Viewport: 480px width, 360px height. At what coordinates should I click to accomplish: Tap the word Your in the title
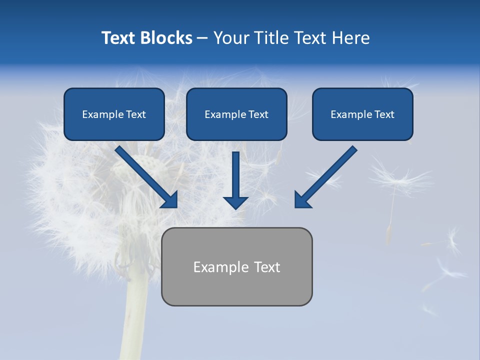coord(231,38)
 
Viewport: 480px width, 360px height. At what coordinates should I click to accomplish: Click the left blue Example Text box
coord(114,114)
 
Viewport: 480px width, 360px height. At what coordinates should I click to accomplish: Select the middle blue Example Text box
coord(236,114)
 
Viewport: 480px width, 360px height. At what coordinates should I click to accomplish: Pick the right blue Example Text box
coord(362,114)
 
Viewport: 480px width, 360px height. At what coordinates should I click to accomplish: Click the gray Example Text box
coord(236,267)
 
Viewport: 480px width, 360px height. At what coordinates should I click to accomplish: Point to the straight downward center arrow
coord(235,175)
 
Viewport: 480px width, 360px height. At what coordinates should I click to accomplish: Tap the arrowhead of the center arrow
coord(235,202)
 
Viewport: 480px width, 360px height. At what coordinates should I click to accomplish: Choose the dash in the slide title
coord(202,38)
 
